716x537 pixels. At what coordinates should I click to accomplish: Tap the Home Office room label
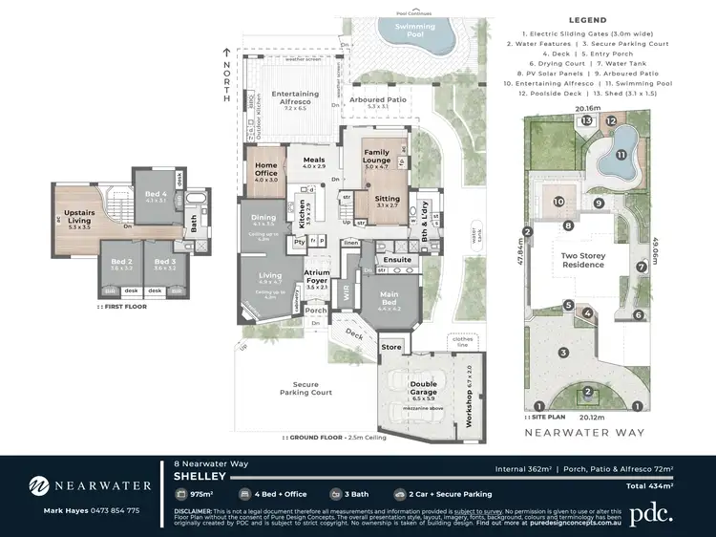pos(265,170)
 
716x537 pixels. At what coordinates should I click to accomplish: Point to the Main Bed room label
pos(389,299)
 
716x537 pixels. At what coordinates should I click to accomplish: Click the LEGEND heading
pos(588,19)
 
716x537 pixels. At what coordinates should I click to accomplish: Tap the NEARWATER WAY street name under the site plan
pos(588,432)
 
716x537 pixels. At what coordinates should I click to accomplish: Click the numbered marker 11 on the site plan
pos(621,155)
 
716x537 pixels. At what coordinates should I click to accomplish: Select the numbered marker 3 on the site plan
pos(564,353)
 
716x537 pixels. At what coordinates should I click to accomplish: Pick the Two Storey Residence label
pos(582,259)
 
